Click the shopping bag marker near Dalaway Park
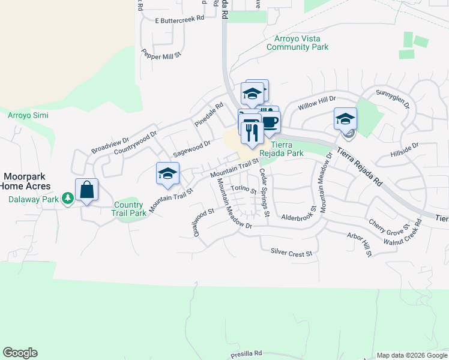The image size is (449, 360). tap(87, 190)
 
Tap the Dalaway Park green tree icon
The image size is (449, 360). tap(68, 197)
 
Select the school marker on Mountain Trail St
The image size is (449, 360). tap(167, 174)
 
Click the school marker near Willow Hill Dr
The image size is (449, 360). tap(345, 119)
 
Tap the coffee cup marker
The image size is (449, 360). tap(270, 122)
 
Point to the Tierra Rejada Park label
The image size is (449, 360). tap(287, 149)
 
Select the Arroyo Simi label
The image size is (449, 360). tap(28, 115)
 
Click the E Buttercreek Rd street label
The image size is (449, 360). tap(179, 19)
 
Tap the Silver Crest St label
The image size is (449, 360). tap(292, 253)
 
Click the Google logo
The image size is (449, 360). tap(20, 353)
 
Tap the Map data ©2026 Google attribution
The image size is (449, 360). tap(412, 355)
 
